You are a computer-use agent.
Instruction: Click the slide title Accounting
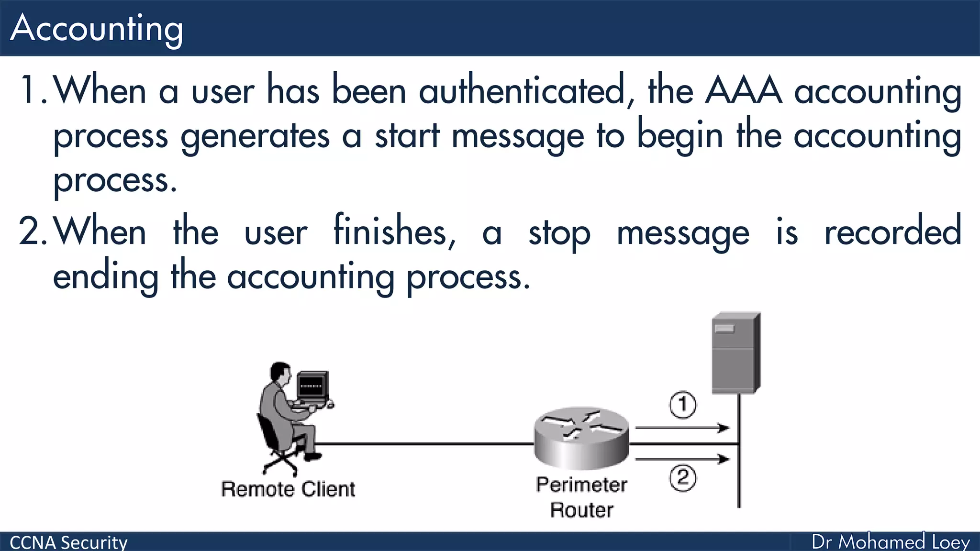point(96,29)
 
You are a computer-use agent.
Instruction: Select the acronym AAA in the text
point(744,90)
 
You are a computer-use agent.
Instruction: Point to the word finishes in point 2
point(394,232)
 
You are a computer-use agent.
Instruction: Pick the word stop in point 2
point(559,234)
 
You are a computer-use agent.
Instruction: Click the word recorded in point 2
point(892,232)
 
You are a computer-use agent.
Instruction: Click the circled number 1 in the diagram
point(682,405)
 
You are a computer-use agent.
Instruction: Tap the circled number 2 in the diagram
point(682,478)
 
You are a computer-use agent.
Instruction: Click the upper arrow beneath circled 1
point(682,428)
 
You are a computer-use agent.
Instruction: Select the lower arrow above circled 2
point(682,459)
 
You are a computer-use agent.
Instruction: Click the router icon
point(581,437)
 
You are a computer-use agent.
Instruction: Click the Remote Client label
point(288,489)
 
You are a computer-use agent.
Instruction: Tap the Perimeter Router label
point(581,497)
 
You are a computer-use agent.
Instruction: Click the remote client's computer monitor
point(312,386)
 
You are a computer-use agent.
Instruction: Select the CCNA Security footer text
point(68,542)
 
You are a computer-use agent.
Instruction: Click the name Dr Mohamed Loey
point(891,542)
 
